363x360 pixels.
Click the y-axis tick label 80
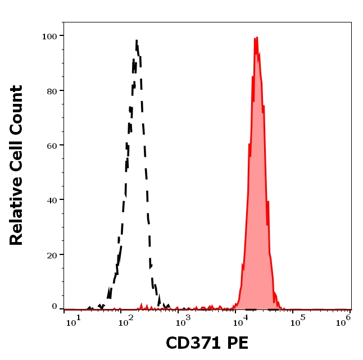coord(51,90)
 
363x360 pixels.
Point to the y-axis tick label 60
coord(51,145)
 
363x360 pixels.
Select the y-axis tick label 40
coord(51,199)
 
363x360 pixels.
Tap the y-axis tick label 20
coord(51,254)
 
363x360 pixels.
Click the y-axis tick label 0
coord(55,307)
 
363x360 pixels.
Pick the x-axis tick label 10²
coord(126,320)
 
